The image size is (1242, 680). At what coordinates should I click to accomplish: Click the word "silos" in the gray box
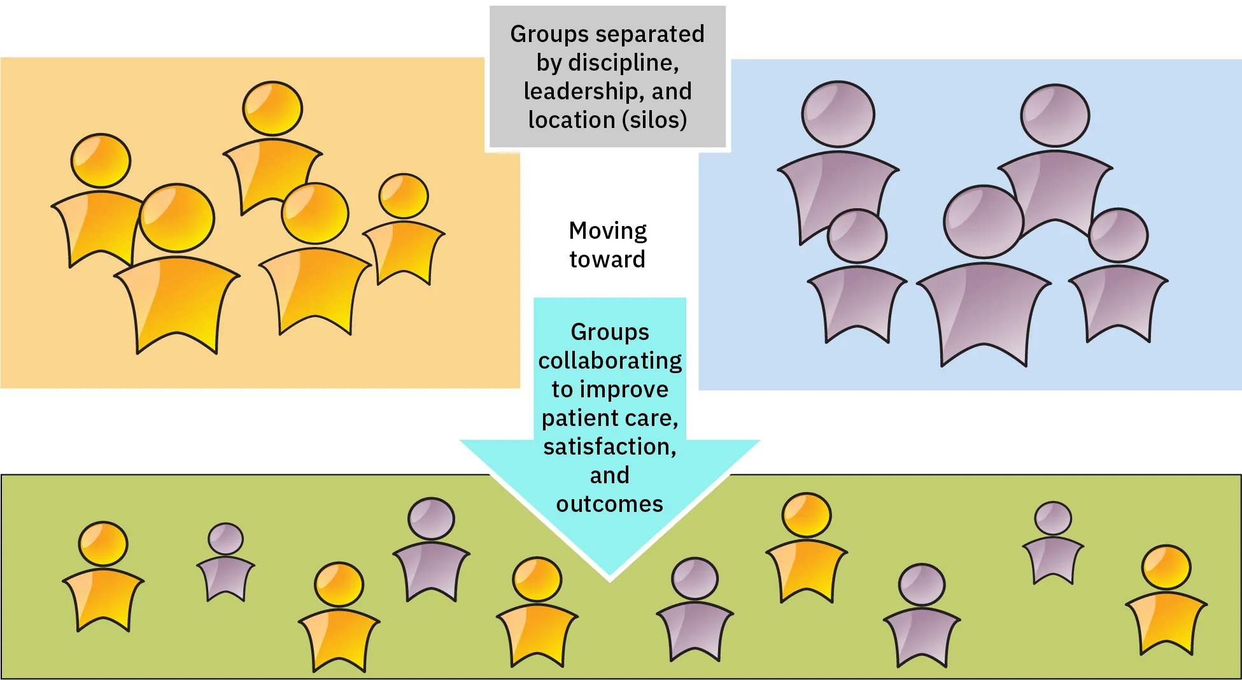click(x=655, y=120)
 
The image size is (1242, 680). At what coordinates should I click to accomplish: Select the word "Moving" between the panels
click(x=607, y=230)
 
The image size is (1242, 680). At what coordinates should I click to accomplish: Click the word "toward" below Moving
click(x=607, y=259)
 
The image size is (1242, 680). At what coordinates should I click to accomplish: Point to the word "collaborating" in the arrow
click(x=610, y=360)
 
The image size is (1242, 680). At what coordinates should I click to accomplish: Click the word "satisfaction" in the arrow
click(x=607, y=446)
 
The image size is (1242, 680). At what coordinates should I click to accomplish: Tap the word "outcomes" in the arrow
click(x=609, y=504)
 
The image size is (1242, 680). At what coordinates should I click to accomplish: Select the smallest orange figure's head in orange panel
click(x=404, y=196)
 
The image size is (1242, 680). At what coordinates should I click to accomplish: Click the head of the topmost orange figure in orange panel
click(x=272, y=108)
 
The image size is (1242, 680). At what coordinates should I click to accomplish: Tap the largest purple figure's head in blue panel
click(x=983, y=222)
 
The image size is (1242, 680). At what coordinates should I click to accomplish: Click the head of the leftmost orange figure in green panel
click(x=103, y=544)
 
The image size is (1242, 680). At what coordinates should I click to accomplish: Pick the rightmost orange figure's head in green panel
click(x=1166, y=567)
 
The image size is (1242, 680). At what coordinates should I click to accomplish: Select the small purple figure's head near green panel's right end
click(x=1053, y=518)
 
